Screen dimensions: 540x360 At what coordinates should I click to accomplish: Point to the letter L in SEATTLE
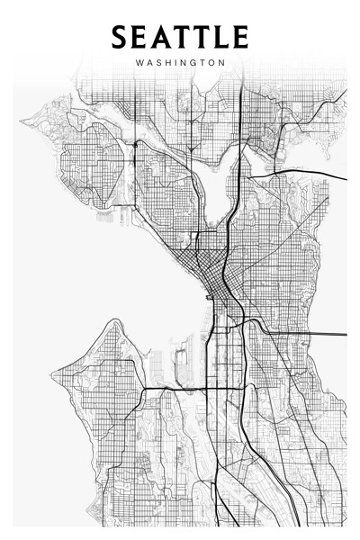tap(220, 37)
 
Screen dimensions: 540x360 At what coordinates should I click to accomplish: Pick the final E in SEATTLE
tap(239, 37)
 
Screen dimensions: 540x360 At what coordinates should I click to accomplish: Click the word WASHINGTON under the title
tap(179, 63)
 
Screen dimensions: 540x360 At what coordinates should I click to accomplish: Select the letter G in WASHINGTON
tap(191, 63)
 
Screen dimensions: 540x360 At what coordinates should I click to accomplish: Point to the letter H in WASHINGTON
tap(166, 63)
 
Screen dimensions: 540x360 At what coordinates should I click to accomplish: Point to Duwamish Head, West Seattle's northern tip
tap(114, 320)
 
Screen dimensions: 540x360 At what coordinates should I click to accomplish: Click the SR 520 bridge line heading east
tap(306, 171)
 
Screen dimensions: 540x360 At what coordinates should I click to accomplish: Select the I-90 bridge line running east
tap(306, 333)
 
